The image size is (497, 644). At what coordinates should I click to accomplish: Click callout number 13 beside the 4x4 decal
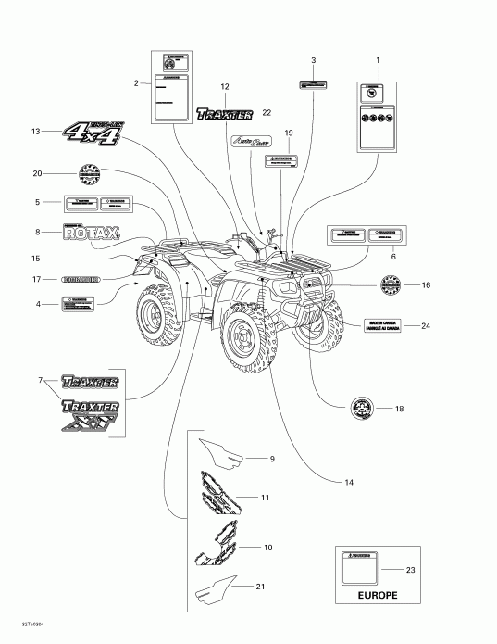coord(36,132)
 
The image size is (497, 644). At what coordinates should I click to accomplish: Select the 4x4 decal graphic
coord(93,131)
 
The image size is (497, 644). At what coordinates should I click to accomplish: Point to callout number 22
coord(267,112)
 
